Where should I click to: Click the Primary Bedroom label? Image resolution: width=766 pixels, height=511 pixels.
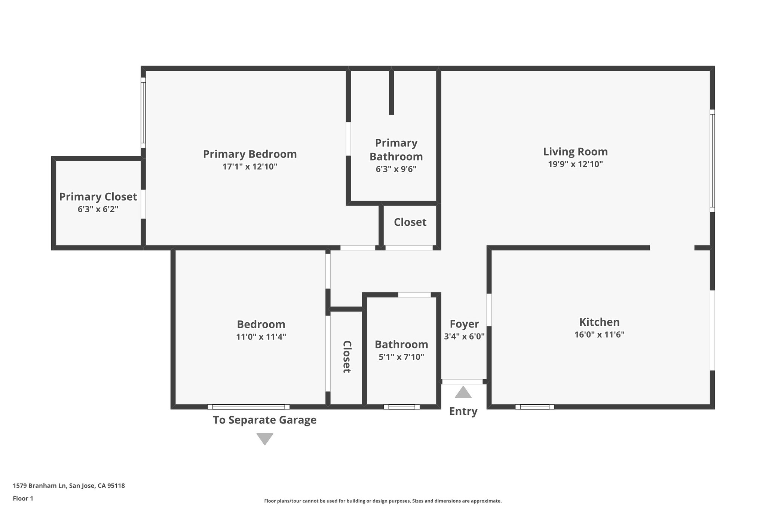(249, 154)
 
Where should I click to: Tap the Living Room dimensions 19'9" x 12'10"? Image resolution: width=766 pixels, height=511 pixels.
(575, 164)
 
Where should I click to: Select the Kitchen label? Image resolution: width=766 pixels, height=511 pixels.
(599, 322)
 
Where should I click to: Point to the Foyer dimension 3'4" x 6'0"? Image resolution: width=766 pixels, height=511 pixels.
(464, 336)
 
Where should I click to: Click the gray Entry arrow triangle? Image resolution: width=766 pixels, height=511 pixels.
(463, 393)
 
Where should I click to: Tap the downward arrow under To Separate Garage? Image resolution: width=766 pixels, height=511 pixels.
(265, 438)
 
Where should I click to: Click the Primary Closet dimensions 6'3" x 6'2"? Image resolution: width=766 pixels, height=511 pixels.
(98, 209)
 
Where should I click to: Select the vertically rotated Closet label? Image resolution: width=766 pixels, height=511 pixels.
(347, 356)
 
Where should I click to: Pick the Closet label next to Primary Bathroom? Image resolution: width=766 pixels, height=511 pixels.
(410, 222)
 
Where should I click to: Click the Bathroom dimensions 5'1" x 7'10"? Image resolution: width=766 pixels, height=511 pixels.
(401, 357)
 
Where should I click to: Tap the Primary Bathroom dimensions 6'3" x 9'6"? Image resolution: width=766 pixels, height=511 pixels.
(396, 169)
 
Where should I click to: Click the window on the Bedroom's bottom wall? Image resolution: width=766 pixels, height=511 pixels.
(248, 407)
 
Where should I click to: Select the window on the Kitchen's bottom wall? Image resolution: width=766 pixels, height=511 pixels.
(534, 407)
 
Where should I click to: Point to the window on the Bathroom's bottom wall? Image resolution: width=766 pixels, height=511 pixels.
(401, 407)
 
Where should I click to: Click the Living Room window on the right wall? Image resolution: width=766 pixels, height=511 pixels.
(712, 161)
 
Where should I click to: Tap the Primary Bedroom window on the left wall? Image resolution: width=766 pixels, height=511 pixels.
(143, 113)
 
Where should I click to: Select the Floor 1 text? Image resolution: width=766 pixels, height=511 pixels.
(23, 498)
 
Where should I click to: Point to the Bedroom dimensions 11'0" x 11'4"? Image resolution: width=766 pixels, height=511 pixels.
(261, 337)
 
